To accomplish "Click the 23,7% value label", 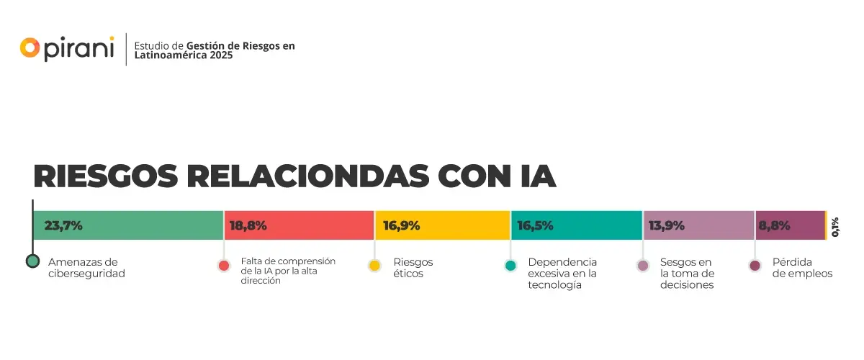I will (63, 225).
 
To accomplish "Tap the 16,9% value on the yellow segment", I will (401, 225).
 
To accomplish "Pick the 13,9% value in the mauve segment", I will (666, 225).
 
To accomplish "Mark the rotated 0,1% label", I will (835, 227).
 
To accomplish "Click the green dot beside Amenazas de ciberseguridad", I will (32, 261).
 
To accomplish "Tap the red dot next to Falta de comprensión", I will (224, 266).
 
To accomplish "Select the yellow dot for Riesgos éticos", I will (374, 266).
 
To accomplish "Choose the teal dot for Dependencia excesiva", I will (510, 266).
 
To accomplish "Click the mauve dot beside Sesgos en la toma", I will (643, 266).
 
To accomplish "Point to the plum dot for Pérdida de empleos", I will (755, 266).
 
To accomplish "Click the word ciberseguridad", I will (86, 274).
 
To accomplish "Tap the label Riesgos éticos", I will (413, 268).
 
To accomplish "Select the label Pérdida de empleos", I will (802, 268).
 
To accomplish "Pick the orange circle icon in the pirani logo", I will (30, 48).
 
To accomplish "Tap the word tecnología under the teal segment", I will (554, 284).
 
